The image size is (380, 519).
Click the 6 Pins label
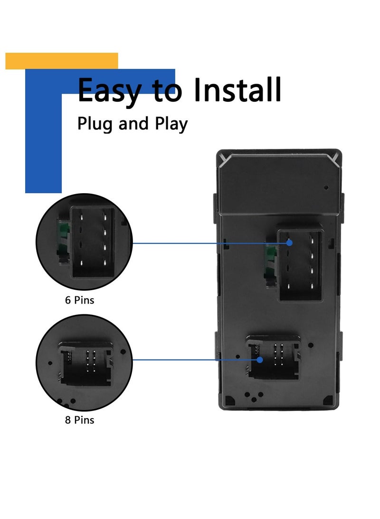(x=80, y=300)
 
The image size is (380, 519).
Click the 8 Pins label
(x=80, y=420)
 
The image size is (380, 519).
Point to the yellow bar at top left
(x=62, y=61)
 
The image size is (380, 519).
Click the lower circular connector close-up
(x=84, y=362)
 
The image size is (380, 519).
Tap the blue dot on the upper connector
(x=289, y=243)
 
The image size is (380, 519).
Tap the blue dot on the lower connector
(x=260, y=360)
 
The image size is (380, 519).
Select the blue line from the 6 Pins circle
(x=209, y=243)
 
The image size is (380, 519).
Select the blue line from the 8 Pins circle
(x=195, y=360)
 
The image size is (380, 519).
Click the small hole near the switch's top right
(x=326, y=187)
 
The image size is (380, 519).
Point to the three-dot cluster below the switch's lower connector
(x=252, y=396)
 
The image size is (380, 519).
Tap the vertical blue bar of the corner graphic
(x=43, y=143)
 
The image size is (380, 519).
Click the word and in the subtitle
(x=133, y=125)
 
